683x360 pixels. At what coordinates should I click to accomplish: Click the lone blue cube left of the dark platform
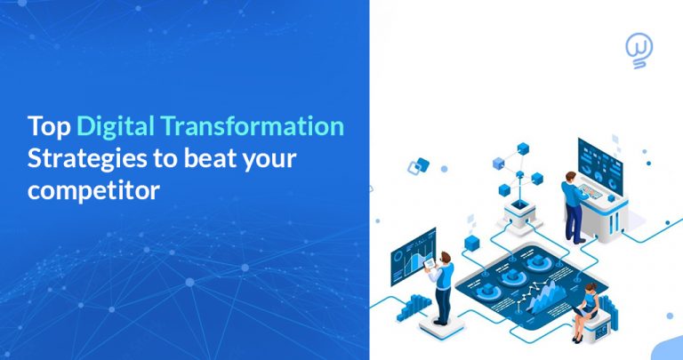473,243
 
